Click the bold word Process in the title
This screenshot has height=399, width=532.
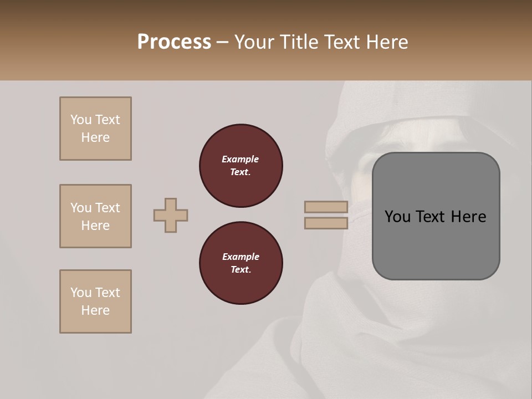[x=174, y=42]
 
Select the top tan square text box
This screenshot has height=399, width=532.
[x=95, y=129]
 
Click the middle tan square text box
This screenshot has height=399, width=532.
[x=95, y=216]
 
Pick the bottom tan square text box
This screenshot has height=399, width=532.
[x=95, y=301]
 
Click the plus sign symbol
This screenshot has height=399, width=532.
[x=171, y=215]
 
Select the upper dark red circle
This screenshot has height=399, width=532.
[x=241, y=166]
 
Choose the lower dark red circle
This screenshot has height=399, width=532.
[x=241, y=263]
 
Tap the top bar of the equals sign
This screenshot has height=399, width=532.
[x=326, y=207]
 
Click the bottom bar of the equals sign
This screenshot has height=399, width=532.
[x=326, y=223]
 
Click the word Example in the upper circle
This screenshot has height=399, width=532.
[x=241, y=159]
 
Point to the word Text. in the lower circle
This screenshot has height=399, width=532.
[x=241, y=270]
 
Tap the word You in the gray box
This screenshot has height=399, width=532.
[x=398, y=217]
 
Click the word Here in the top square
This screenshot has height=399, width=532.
[x=95, y=137]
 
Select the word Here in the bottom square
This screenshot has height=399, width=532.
[x=95, y=310]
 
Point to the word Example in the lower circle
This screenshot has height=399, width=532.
[x=241, y=257]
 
